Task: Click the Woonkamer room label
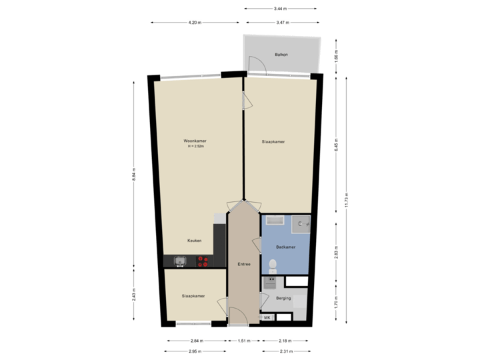pyautogui.click(x=195, y=141)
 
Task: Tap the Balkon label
pyautogui.click(x=281, y=54)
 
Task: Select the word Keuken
pyautogui.click(x=195, y=241)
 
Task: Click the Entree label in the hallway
pyautogui.click(x=244, y=265)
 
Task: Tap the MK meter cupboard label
pyautogui.click(x=268, y=317)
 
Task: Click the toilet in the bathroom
pyautogui.click(x=271, y=266)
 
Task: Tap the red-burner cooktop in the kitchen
pyautogui.click(x=203, y=262)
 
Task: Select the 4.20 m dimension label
pyautogui.click(x=194, y=23)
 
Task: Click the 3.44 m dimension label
pyautogui.click(x=280, y=9)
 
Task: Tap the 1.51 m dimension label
pyautogui.click(x=243, y=341)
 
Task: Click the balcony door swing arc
pyautogui.click(x=256, y=65)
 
